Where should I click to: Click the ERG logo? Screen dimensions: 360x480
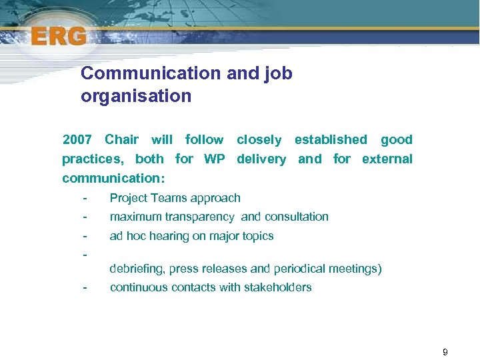click(58, 36)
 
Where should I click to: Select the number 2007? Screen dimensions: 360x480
click(77, 140)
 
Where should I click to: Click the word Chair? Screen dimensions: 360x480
click(122, 140)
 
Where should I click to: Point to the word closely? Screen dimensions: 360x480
click(259, 140)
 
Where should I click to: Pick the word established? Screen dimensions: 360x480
click(331, 140)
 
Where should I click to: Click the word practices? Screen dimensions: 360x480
click(92, 159)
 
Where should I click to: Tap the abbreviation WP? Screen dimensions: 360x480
click(214, 159)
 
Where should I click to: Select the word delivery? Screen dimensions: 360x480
click(261, 159)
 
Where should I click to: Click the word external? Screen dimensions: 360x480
click(387, 159)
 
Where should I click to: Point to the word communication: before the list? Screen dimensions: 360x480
click(113, 179)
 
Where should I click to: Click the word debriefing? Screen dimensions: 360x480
click(137, 269)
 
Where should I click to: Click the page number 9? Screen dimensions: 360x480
click(445, 352)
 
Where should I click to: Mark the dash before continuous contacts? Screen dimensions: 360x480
click(84, 288)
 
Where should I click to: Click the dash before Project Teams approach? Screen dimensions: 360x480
click(84, 198)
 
